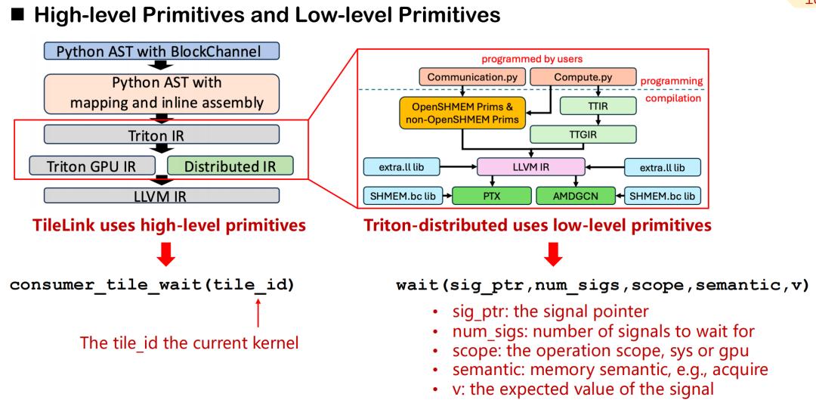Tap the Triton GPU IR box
(91, 166)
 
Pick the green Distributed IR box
(229, 166)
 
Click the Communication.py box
(465, 77)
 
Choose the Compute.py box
(583, 77)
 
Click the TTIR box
(598, 107)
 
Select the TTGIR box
(582, 135)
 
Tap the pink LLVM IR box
(532, 167)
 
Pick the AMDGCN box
(576, 196)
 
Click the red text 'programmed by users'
(532, 59)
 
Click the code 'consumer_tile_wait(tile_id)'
(152, 285)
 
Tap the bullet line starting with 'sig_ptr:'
(550, 311)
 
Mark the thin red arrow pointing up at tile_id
(258, 312)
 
